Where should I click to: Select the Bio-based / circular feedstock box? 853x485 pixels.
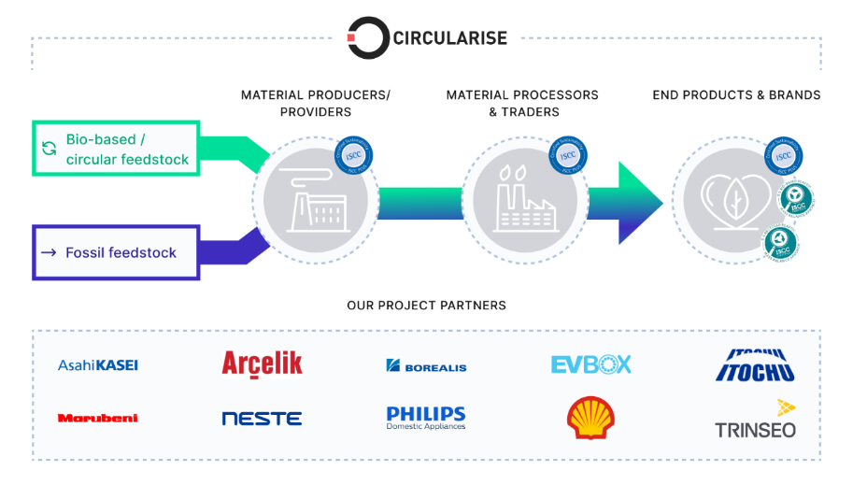116,149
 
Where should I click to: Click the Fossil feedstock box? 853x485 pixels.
116,252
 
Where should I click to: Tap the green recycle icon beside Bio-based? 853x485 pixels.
49,149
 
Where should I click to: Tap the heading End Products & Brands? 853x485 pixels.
736,95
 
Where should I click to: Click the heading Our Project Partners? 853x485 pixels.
426,306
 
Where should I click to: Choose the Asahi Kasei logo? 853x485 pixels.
98,364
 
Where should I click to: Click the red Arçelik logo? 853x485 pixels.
262,364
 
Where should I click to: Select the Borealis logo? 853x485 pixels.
426,366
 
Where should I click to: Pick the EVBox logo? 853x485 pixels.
590,364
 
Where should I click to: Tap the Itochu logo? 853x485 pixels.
755,365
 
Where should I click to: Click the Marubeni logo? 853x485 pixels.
98,418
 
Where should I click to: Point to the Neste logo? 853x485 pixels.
262,419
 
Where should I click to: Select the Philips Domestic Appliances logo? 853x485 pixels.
426,417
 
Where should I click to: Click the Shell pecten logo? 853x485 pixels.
590,418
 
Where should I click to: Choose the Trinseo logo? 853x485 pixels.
755,421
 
